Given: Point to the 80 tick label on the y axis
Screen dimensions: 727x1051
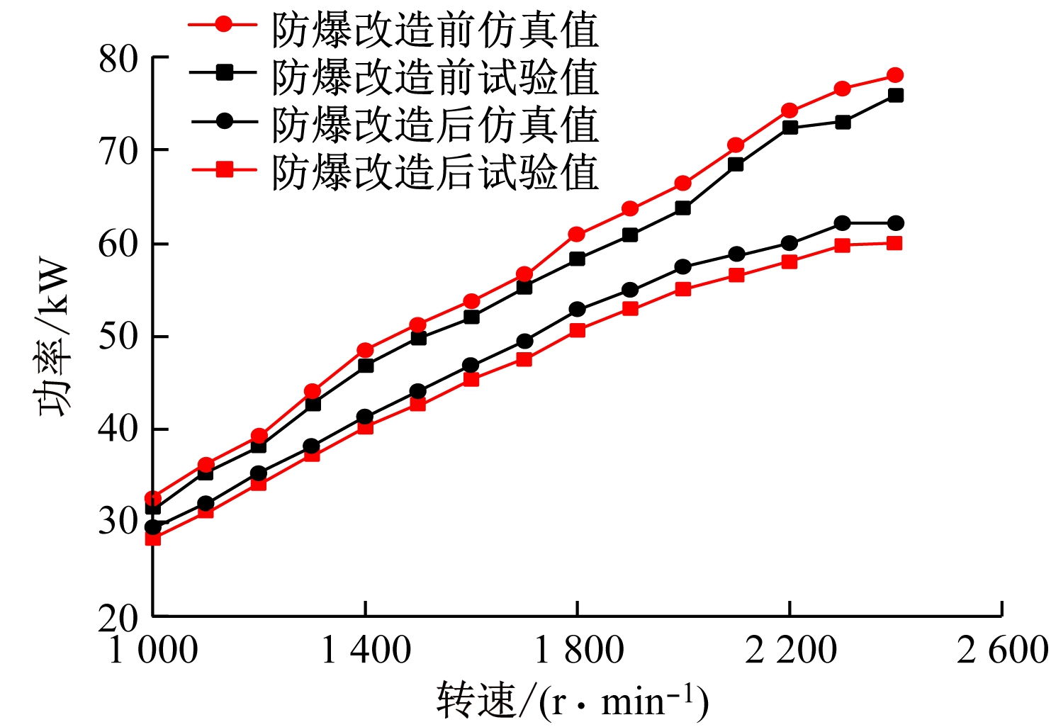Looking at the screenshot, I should [x=118, y=60].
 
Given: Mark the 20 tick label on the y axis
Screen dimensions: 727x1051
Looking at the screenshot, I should [x=118, y=618].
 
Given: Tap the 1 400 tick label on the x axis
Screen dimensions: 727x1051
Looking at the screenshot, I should [x=365, y=650].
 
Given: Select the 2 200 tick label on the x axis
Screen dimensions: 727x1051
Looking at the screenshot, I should [x=789, y=650].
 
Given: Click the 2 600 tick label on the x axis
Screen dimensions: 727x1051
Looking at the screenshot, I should [x=1001, y=650].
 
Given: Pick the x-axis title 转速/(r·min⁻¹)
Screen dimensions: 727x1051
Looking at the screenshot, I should [x=572, y=701].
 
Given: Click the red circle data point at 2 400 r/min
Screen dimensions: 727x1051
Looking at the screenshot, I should [x=895, y=75].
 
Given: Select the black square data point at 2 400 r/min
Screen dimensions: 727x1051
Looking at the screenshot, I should [x=895, y=95].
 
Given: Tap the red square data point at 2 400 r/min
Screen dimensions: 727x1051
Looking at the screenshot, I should [x=895, y=243].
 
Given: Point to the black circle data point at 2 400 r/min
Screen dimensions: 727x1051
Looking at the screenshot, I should [x=895, y=223].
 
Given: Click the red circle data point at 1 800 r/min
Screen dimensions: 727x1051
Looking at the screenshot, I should [x=577, y=235].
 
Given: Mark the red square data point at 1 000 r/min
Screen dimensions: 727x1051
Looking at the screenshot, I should [x=152, y=539].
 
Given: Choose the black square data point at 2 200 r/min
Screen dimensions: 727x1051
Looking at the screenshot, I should [x=789, y=128].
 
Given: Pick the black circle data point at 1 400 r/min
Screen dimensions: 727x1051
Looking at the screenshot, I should [x=365, y=417].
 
